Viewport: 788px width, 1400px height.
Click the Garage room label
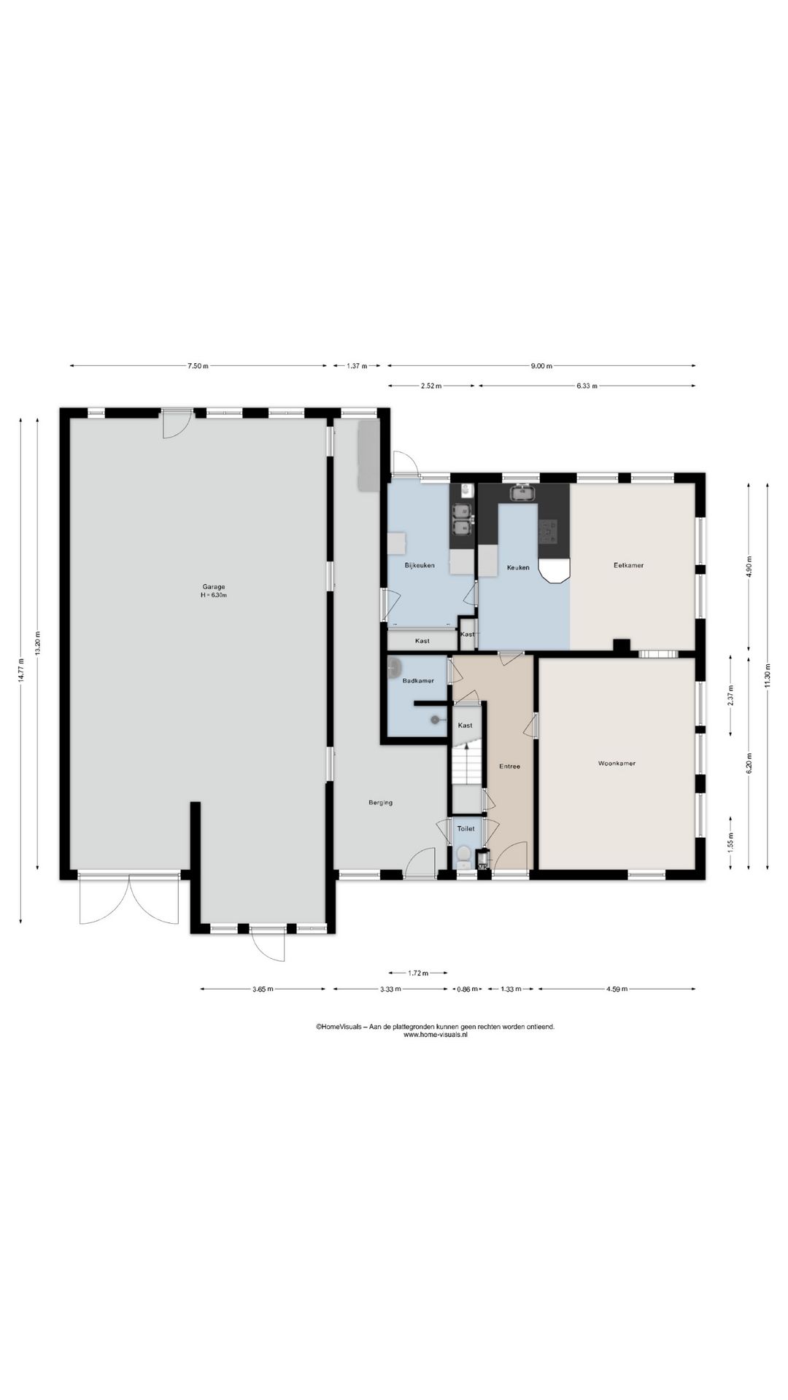tap(214, 586)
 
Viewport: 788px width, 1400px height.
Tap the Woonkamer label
tap(617, 763)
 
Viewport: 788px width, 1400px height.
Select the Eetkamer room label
tap(628, 565)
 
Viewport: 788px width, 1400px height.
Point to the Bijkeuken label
tap(420, 565)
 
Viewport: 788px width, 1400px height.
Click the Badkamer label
tap(418, 681)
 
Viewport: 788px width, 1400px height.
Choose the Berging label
tap(380, 803)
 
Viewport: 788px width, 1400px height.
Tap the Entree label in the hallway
tap(509, 766)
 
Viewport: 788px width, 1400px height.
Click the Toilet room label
tap(466, 829)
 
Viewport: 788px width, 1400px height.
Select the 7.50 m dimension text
tap(198, 366)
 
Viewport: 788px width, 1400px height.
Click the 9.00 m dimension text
tap(541, 366)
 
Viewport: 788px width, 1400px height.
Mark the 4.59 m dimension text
tap(616, 989)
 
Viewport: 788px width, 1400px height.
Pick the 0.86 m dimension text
tap(467, 989)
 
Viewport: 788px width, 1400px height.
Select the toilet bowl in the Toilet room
tap(463, 855)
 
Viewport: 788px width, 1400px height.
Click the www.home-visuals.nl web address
tap(435, 1035)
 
